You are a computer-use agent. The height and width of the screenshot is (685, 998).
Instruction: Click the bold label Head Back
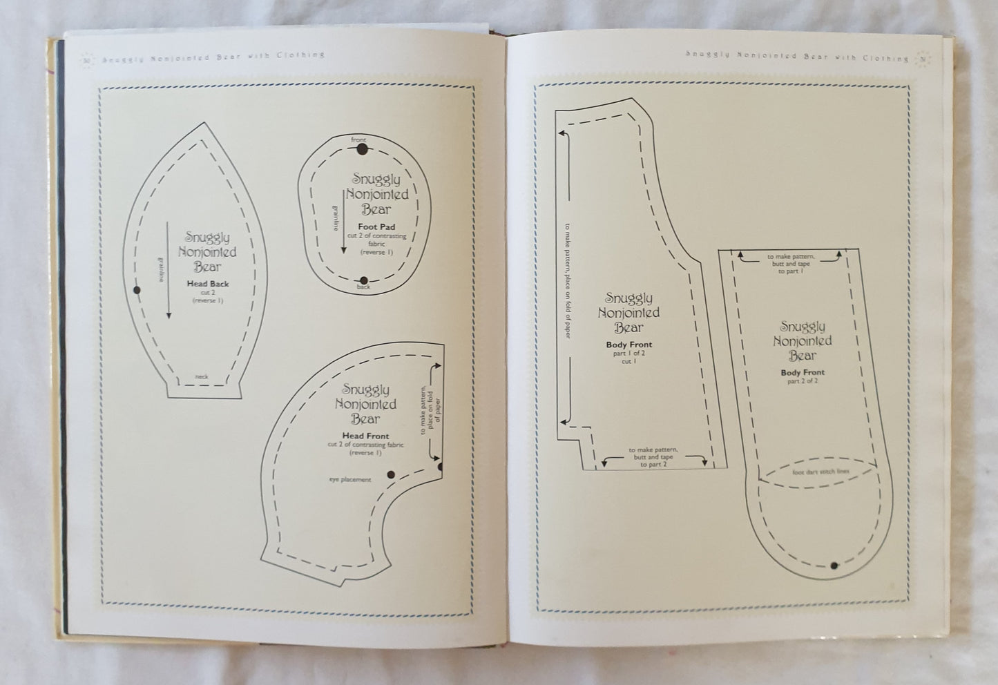(x=207, y=283)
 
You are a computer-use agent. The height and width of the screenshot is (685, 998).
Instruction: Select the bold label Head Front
(x=365, y=436)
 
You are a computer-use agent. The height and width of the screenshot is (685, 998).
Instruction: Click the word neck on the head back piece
(x=201, y=377)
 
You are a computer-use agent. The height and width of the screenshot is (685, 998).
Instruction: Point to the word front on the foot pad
(x=358, y=140)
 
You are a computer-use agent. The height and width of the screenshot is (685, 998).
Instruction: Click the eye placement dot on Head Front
(x=391, y=474)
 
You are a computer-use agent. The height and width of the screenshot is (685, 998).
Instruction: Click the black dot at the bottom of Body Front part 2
(x=834, y=566)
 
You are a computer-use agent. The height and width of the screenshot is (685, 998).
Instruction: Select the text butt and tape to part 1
(x=790, y=264)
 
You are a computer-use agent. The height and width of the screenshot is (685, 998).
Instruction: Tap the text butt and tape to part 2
(x=653, y=457)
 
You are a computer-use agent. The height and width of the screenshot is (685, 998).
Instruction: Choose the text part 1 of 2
(x=628, y=352)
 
